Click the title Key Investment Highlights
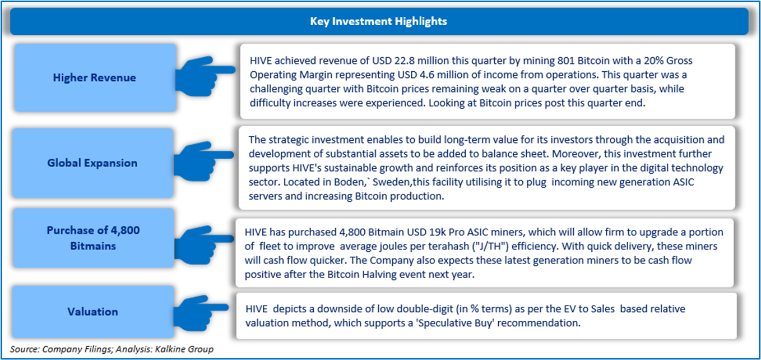[378, 21]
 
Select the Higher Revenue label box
[95, 77]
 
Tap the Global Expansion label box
[93, 163]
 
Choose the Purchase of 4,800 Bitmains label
[93, 238]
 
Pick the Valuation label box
[93, 311]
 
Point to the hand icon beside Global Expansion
[203, 161]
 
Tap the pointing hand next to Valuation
[201, 313]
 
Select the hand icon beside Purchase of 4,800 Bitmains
[204, 244]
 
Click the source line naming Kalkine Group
[112, 349]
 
